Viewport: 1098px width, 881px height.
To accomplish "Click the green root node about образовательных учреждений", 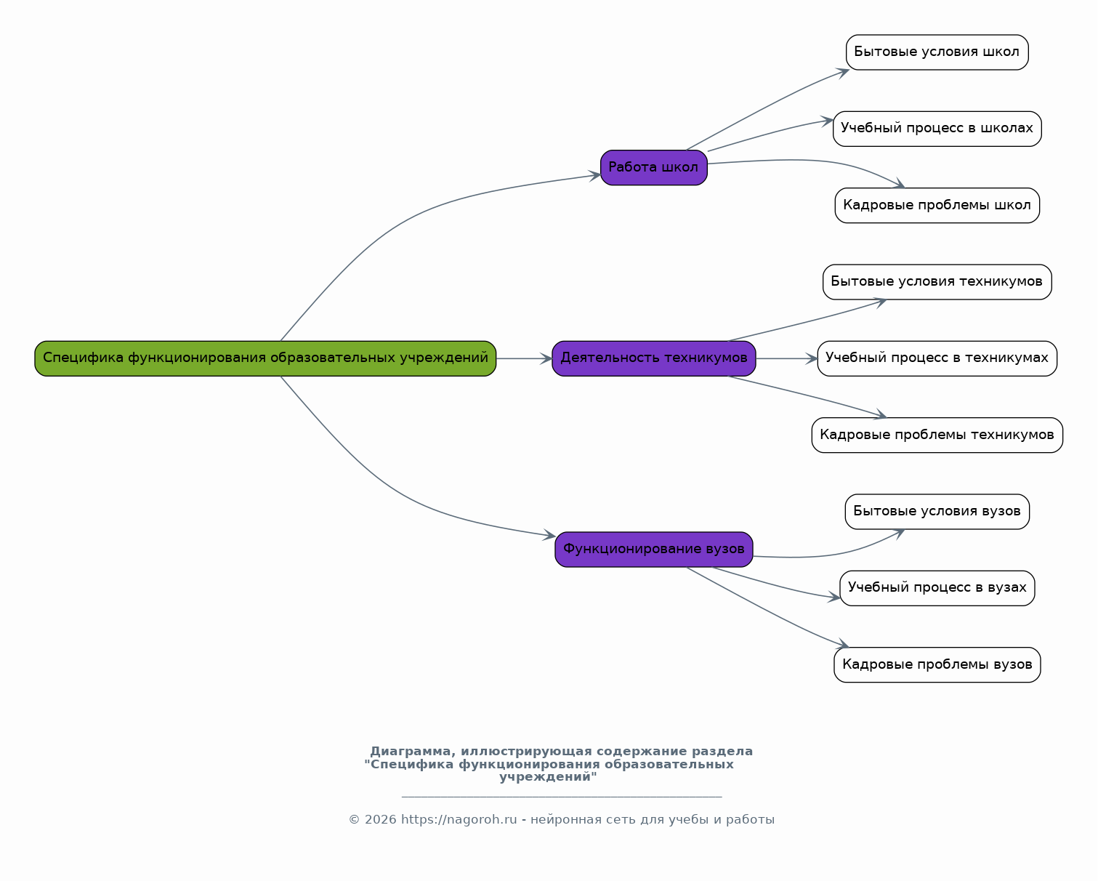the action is pos(265,358).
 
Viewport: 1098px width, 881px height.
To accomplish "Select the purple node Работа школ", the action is pos(653,167).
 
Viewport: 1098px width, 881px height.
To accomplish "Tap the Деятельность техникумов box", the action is pos(653,358).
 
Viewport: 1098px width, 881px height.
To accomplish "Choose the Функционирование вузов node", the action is pos(653,550).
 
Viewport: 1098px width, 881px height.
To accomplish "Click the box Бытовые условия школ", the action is pos(937,52).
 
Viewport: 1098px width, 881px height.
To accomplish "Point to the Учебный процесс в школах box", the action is pos(937,129).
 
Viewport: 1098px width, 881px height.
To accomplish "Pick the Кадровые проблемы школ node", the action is pos(937,205).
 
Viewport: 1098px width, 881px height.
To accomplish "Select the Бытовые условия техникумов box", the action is pos(937,282).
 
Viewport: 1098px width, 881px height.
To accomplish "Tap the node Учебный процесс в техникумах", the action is pos(937,358).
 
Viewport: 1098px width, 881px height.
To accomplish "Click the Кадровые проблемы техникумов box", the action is pos(937,435).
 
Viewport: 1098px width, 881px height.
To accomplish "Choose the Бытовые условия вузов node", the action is pos(937,512).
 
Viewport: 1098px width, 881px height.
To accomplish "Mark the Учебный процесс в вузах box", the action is pos(937,588).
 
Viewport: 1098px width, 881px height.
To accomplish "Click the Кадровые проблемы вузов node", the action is pos(937,664).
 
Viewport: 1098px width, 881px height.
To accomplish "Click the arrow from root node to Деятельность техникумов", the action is pos(525,358).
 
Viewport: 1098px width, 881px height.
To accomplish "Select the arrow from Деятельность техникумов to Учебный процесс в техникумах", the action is pos(787,358).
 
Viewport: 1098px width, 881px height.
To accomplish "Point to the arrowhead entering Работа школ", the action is pos(595,176).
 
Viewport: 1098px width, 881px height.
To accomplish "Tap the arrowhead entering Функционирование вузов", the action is pos(549,535).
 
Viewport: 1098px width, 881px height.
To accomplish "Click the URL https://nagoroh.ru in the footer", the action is pos(459,819).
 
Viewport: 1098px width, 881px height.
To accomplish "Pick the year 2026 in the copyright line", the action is pos(381,819).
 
